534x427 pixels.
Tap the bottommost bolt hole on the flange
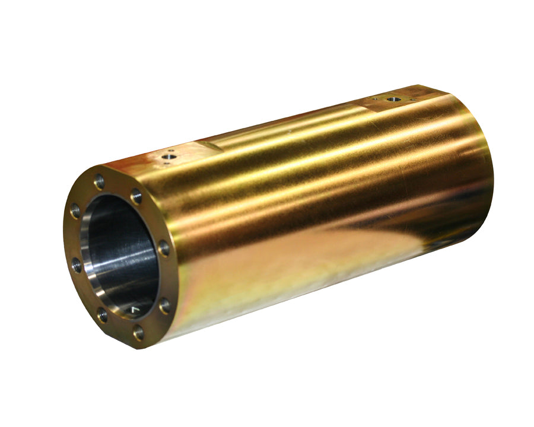click(139, 333)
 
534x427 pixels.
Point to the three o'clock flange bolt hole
click(164, 248)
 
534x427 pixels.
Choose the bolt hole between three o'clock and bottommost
click(164, 305)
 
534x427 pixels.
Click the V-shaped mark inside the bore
click(135, 310)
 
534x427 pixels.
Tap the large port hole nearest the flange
click(170, 157)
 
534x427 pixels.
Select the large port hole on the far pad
click(392, 98)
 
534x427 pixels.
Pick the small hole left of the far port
click(374, 98)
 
